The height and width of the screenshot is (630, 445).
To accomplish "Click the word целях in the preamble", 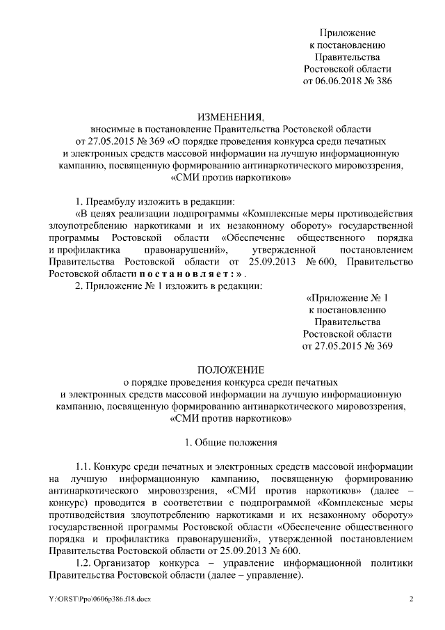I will [99, 212].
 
